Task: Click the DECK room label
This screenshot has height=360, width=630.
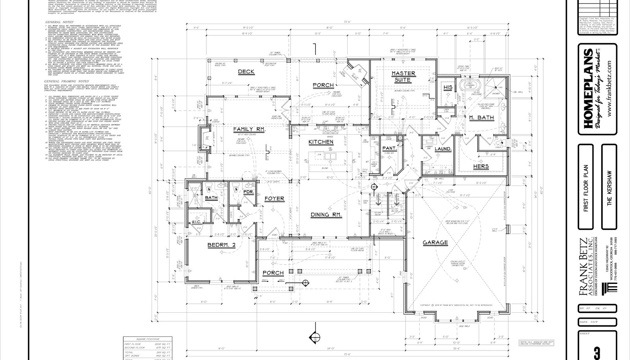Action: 246,72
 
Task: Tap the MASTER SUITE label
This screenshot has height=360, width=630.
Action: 403,76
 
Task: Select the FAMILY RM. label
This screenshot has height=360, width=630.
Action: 249,129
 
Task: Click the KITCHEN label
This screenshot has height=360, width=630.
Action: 321,142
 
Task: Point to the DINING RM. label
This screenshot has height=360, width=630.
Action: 326,215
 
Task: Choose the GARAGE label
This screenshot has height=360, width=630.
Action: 435,242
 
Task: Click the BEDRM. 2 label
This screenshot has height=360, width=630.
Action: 221,245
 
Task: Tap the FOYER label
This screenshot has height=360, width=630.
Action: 274,199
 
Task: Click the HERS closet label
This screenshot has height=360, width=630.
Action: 481,166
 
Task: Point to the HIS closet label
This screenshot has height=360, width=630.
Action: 448,87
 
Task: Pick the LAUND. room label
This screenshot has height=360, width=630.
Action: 443,149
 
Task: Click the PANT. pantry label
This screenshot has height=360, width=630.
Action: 389,148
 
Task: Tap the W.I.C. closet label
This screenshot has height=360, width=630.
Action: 196,222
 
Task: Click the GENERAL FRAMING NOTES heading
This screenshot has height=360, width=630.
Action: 67,81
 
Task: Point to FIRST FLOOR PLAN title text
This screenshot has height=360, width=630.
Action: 586,188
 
